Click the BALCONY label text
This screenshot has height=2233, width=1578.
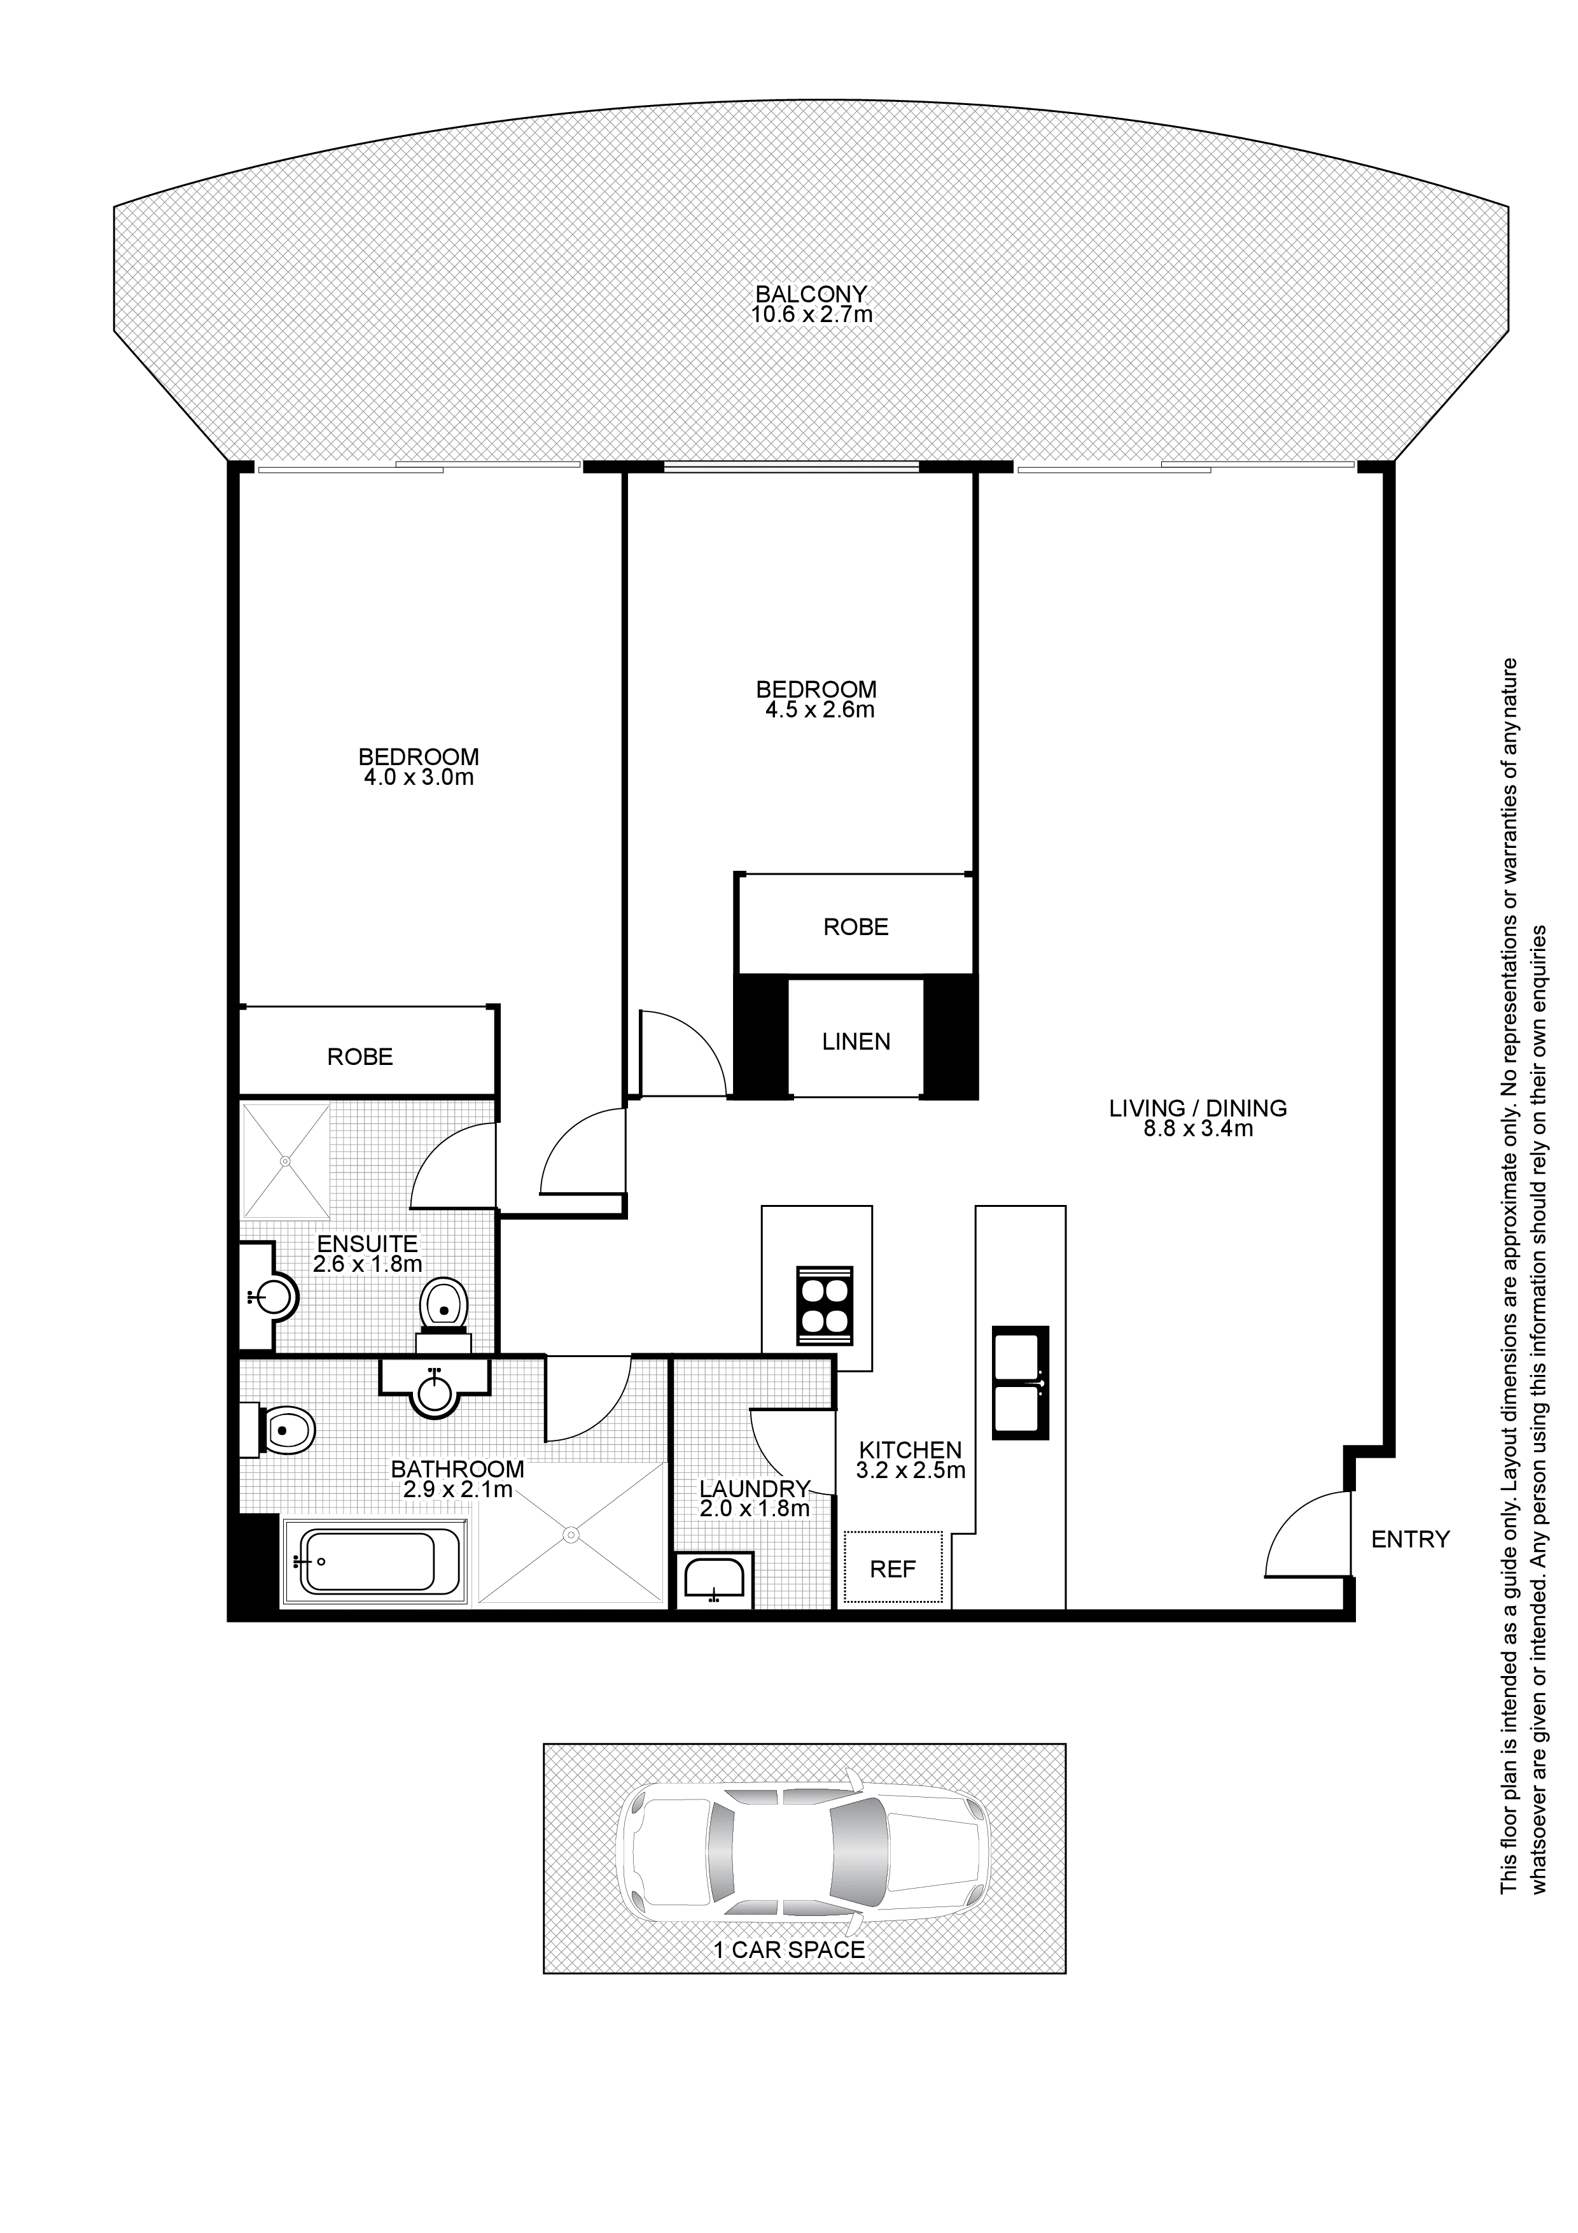(811, 293)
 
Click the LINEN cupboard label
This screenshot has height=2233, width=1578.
(856, 1041)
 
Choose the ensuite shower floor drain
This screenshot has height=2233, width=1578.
(285, 1160)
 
